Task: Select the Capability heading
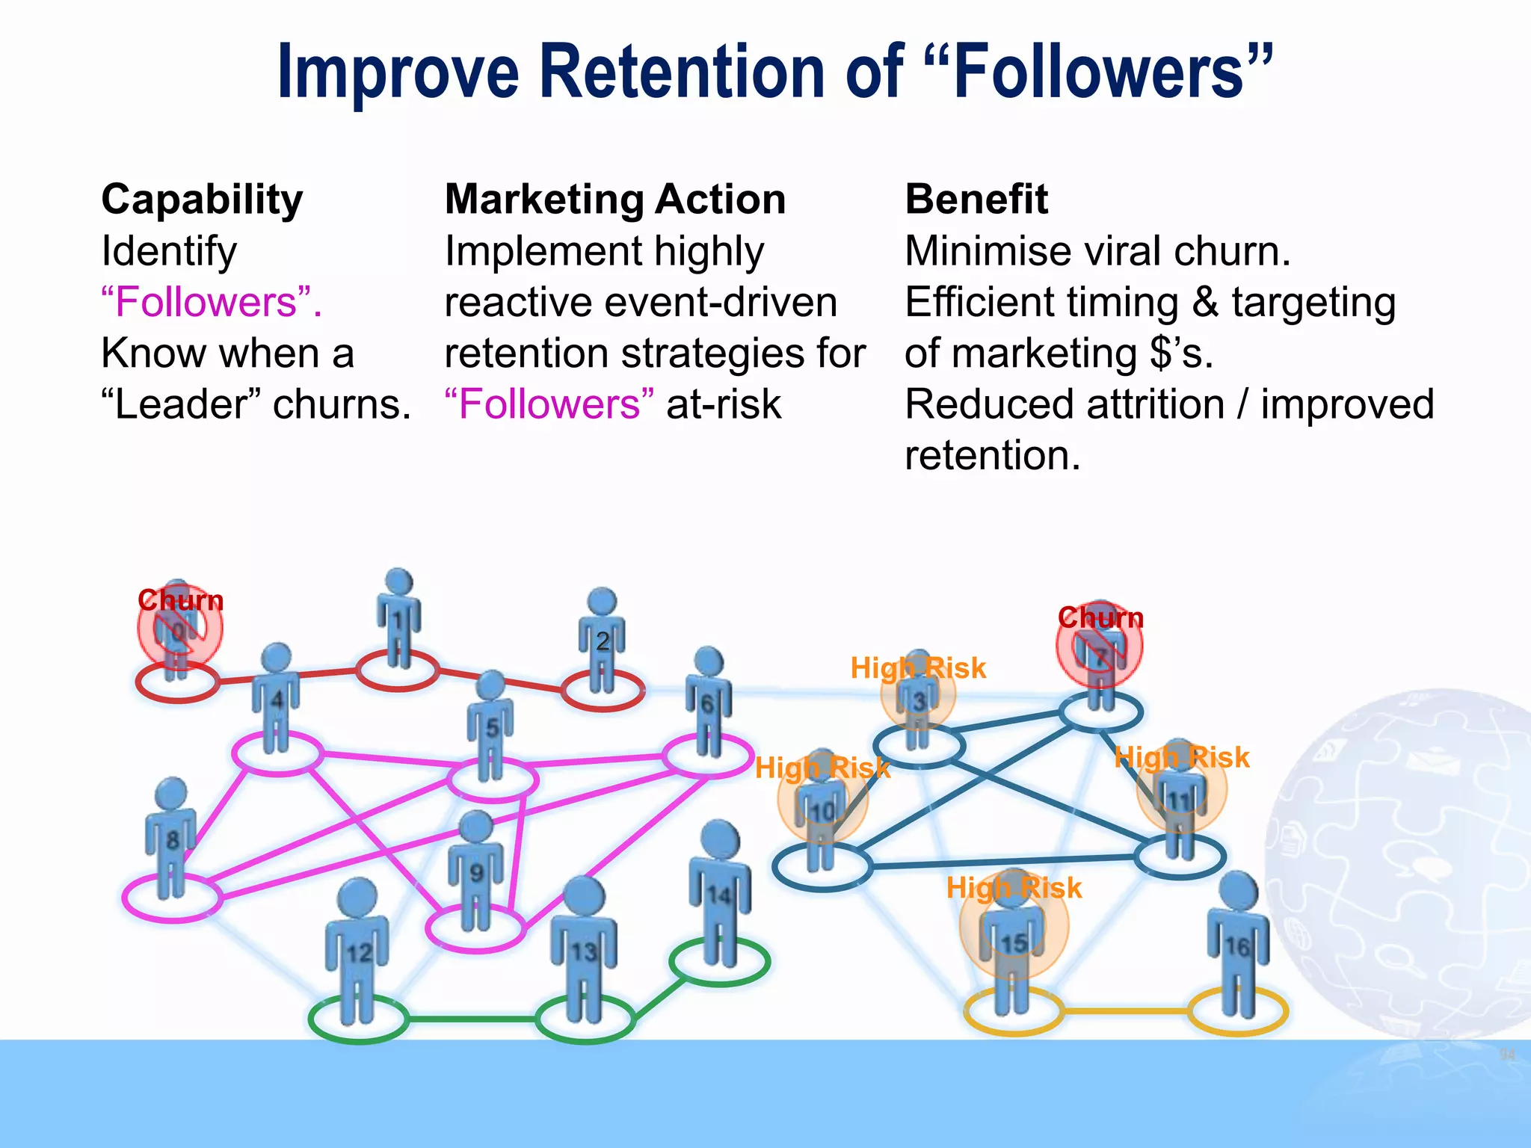[x=202, y=200]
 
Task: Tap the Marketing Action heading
[x=614, y=200]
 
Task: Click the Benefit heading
[x=976, y=200]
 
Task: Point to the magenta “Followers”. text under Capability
[x=212, y=302]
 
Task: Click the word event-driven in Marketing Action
[x=721, y=302]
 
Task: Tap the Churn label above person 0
[x=180, y=600]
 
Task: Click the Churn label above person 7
[x=1100, y=617]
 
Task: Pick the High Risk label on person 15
[x=1014, y=888]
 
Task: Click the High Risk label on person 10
[x=822, y=768]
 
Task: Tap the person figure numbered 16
[x=1238, y=945]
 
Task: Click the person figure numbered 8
[x=171, y=837]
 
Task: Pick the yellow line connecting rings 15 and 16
[x=1125, y=1011]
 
